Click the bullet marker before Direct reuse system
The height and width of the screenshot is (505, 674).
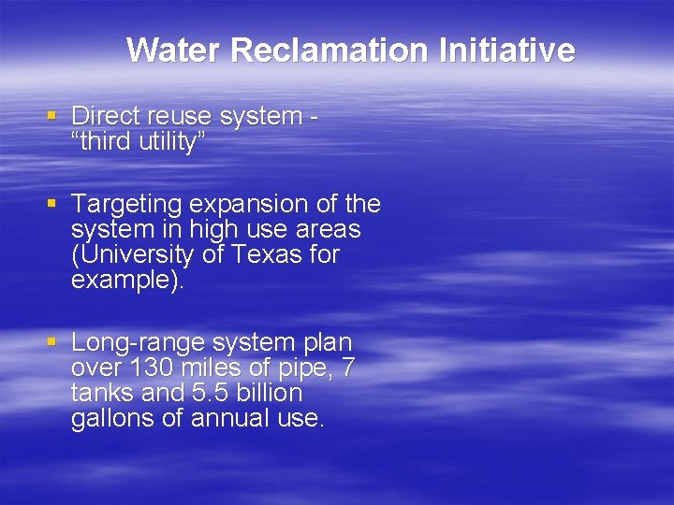52,116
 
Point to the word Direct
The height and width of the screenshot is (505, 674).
105,116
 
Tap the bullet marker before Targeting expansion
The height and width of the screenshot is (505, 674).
52,204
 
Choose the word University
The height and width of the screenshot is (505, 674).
136,254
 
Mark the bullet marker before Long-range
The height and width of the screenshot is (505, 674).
52,342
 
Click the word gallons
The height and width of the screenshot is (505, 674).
113,419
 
